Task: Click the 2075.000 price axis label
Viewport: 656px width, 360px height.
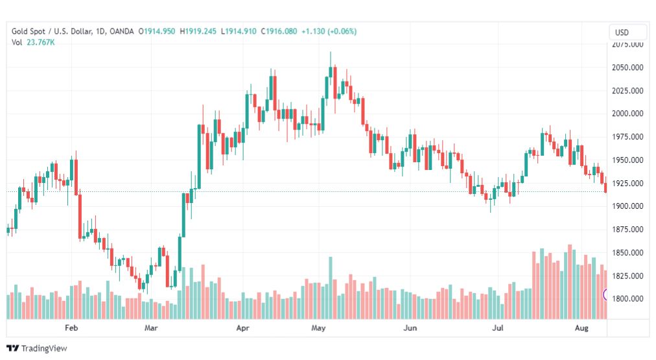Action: click(627, 44)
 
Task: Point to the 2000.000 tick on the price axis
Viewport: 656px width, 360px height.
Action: click(627, 114)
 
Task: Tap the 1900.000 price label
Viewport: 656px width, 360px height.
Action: click(627, 206)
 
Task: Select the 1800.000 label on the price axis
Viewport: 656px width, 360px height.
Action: click(627, 299)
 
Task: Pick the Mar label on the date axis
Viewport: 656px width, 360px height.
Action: click(152, 329)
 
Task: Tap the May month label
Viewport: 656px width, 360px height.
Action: click(318, 329)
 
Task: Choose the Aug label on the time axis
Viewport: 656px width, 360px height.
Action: click(581, 329)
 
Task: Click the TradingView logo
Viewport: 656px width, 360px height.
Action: click(36, 348)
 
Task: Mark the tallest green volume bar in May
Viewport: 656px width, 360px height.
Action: click(330, 287)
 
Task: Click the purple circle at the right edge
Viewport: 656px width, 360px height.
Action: click(606, 294)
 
